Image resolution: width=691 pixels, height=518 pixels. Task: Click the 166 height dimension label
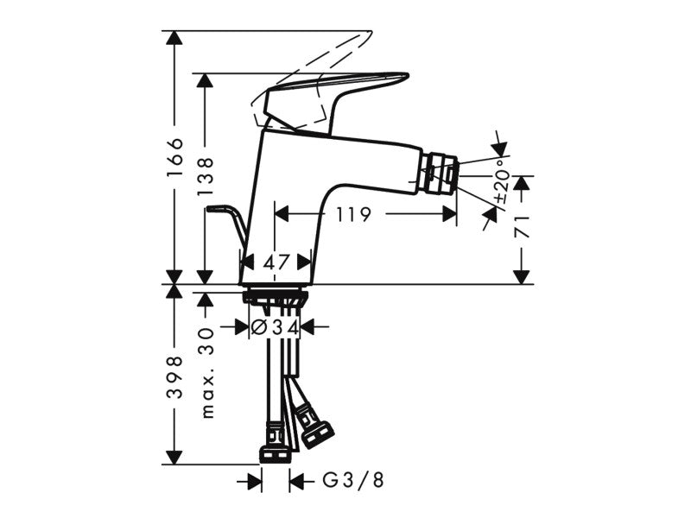(x=175, y=157)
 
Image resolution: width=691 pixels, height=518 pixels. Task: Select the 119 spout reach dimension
(x=354, y=214)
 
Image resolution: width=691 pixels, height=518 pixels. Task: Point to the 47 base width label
(x=276, y=263)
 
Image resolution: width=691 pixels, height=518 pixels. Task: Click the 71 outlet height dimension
(x=523, y=226)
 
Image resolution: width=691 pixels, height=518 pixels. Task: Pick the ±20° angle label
(x=503, y=186)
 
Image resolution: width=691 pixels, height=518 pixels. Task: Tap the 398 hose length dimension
(x=175, y=377)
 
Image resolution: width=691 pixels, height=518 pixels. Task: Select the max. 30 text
(x=206, y=372)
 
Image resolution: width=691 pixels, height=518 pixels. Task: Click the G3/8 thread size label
(x=353, y=480)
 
